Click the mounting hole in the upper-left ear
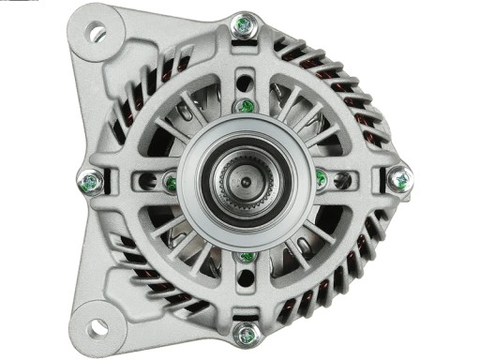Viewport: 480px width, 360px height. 97,33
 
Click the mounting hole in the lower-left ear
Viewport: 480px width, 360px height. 96,327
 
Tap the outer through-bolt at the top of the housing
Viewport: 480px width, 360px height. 246,26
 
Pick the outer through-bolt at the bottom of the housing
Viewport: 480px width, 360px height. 246,333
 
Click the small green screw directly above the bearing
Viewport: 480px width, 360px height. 245,105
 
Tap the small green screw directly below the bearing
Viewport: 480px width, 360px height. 246,256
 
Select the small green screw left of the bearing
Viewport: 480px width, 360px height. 171,181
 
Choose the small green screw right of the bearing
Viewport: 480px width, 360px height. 322,177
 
